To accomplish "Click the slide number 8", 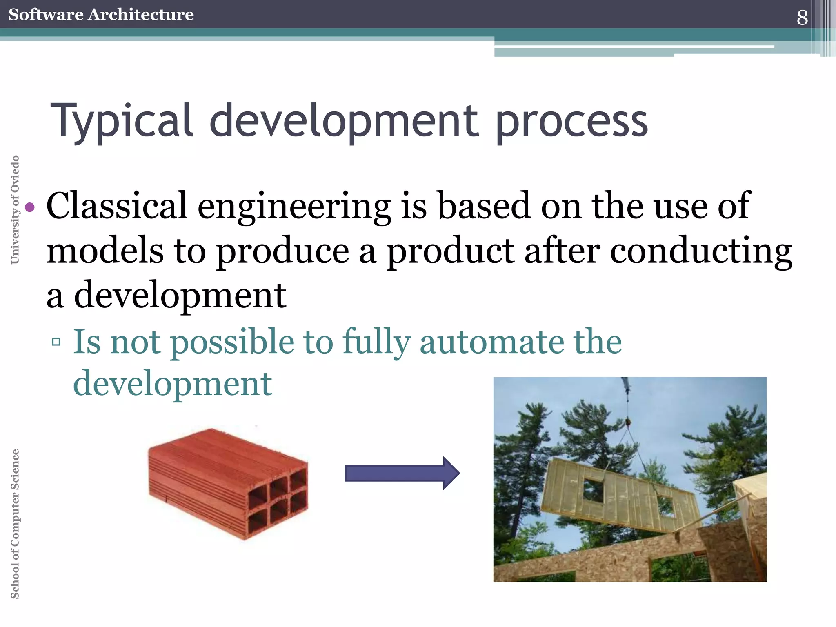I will point(802,17).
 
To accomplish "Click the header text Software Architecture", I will point(101,14).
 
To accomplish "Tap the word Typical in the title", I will point(121,121).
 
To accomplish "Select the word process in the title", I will point(571,122).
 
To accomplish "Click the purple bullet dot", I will point(30,207).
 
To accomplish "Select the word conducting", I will point(701,251).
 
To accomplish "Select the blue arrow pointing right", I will point(402,473).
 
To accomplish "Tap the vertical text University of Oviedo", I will point(15,209).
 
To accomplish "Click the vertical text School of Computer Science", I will point(15,524).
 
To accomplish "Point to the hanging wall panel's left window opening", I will point(593,490).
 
